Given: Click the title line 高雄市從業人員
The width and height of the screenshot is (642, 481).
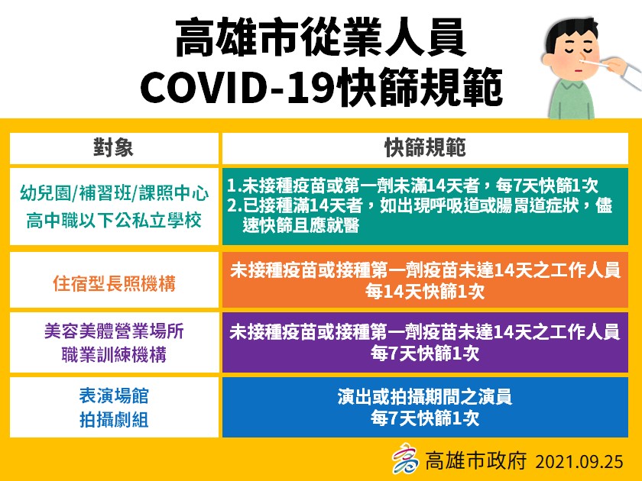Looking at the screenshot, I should (320, 39).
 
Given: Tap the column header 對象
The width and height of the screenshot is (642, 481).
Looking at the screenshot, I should (114, 147).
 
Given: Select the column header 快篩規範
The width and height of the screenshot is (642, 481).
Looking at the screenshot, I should (424, 147).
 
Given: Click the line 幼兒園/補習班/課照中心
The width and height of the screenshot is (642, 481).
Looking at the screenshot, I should (114, 194).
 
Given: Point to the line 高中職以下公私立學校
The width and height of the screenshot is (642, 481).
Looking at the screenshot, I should (114, 221).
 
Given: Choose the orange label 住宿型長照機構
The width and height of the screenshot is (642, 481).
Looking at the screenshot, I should (114, 283).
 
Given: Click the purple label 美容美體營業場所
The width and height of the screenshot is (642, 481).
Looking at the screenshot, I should (114, 332).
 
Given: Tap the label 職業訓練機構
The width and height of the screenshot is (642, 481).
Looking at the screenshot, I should (114, 356).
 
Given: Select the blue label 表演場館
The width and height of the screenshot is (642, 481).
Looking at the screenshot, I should (114, 395).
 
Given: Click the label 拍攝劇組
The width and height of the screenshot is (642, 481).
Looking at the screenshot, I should (114, 419).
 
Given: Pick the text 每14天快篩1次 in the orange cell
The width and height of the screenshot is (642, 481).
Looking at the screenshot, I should (424, 292).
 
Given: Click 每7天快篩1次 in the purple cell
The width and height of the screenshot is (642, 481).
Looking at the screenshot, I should (424, 353).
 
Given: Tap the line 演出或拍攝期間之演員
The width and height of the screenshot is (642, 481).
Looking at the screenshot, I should (424, 397).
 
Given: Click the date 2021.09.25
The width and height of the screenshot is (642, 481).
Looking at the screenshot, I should (579, 461).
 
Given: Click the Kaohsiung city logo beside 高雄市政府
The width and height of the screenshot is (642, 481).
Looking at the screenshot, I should (406, 460).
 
